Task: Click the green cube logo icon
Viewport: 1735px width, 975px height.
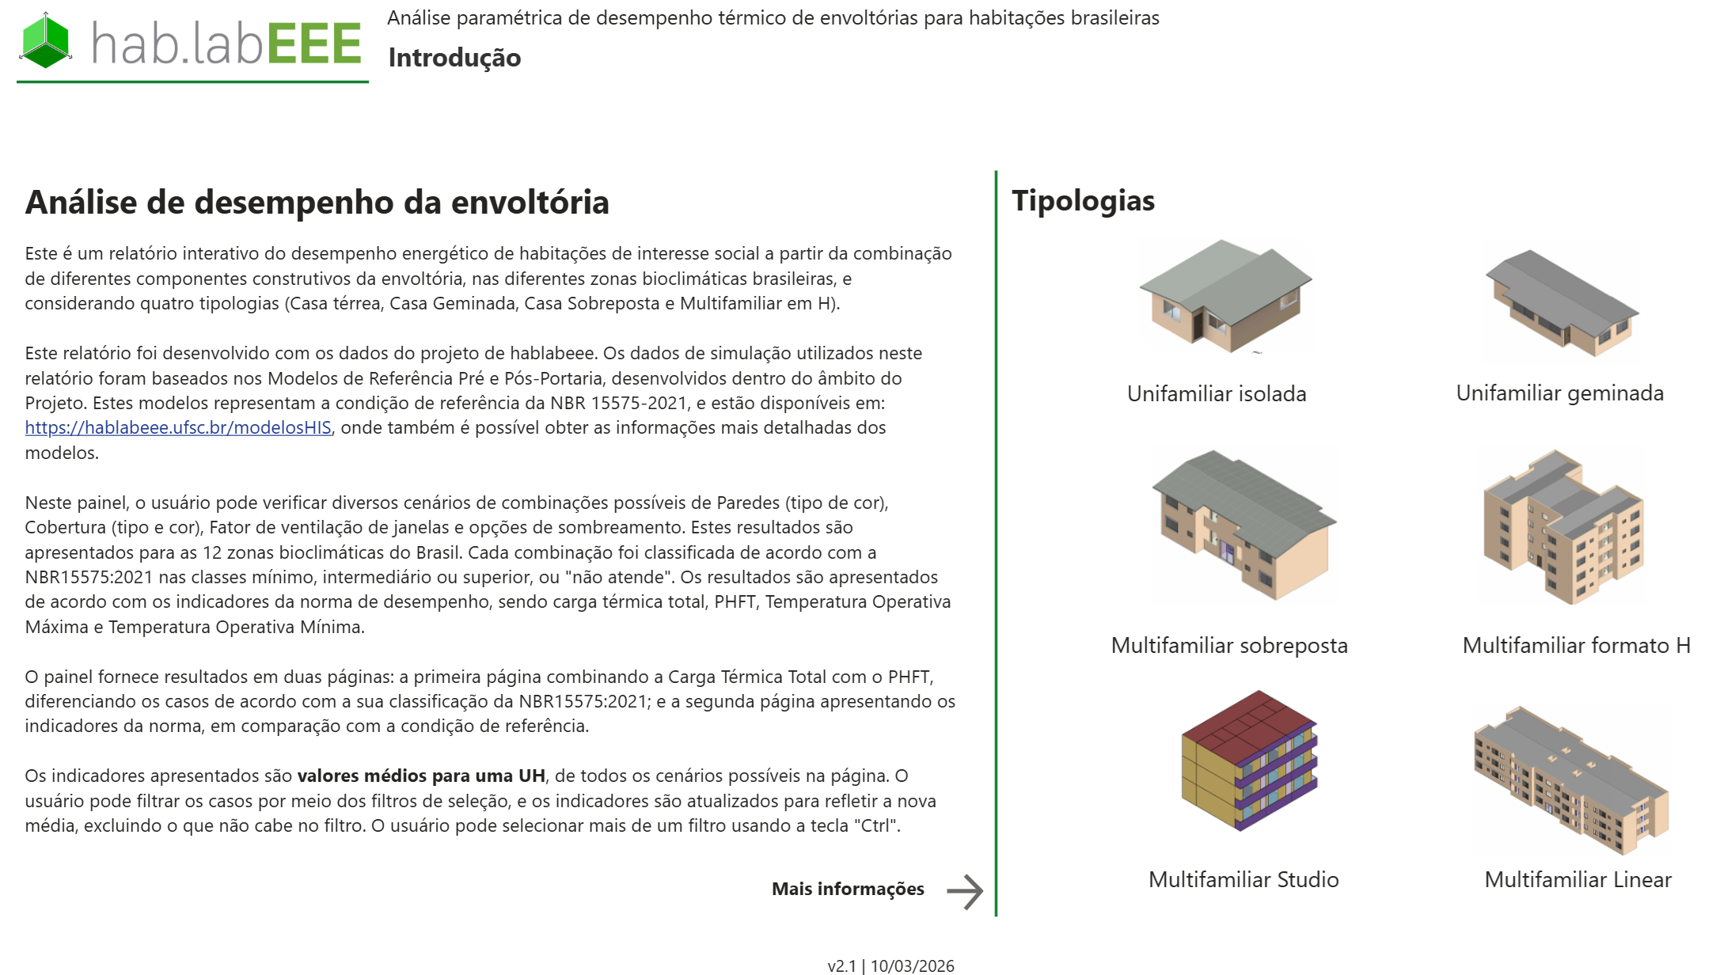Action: click(45, 41)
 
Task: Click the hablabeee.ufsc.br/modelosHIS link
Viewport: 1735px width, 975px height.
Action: click(178, 428)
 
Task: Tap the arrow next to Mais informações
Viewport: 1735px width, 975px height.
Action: click(965, 892)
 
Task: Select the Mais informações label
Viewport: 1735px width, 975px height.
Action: click(848, 890)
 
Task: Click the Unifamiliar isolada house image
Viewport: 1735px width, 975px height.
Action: click(1224, 296)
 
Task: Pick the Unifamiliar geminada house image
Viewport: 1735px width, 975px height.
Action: click(1561, 302)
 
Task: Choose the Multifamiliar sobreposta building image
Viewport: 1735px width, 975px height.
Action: click(1243, 525)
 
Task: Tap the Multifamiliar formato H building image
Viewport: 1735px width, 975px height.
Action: click(1562, 526)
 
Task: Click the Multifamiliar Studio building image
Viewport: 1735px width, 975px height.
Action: click(1248, 761)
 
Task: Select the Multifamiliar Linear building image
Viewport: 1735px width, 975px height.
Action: click(1570, 780)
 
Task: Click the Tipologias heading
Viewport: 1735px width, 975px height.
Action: click(1083, 201)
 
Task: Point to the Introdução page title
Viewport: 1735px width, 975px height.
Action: click(454, 58)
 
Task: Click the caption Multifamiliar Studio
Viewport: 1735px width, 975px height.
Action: click(1243, 880)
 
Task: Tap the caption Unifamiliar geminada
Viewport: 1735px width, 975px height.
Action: click(1559, 393)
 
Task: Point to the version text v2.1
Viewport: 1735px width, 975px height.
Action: click(841, 966)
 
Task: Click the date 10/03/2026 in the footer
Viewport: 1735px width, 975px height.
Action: click(912, 966)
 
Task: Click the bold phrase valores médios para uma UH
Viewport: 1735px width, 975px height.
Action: click(421, 776)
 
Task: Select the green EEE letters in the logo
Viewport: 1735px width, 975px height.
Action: click(314, 44)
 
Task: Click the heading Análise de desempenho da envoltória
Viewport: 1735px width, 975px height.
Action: click(317, 203)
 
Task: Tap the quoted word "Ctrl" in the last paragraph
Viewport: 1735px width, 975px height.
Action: click(875, 826)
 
